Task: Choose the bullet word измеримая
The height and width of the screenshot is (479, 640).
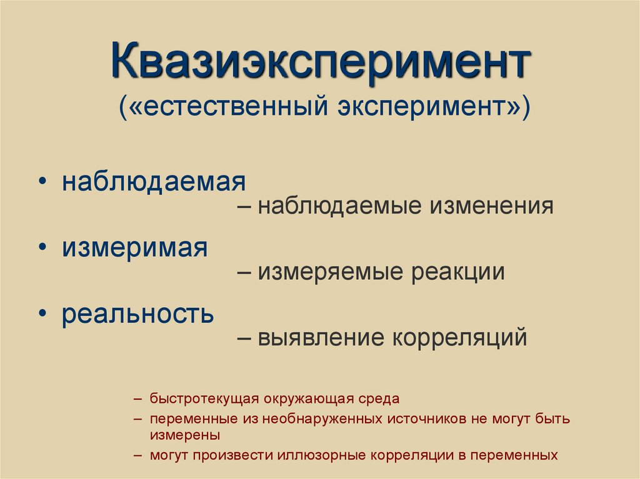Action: point(134,248)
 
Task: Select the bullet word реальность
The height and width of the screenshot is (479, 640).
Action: point(137,314)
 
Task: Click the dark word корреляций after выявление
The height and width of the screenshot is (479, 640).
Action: point(459,338)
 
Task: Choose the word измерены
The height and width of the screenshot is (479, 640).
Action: point(184,434)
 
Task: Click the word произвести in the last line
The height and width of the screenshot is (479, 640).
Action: point(229,455)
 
